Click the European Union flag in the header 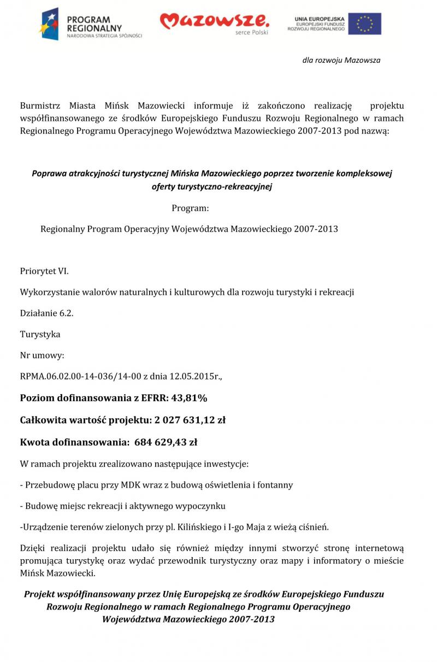pos(365,24)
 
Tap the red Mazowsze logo pos(214,21)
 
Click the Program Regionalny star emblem pos(49,24)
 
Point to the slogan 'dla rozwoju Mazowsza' pos(341,60)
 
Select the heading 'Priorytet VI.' pos(44,271)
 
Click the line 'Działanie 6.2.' pos(46,313)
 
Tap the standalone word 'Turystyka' pos(40,334)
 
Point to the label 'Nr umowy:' pos(42,355)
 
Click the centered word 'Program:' pos(190,208)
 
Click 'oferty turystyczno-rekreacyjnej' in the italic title pos(211,187)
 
